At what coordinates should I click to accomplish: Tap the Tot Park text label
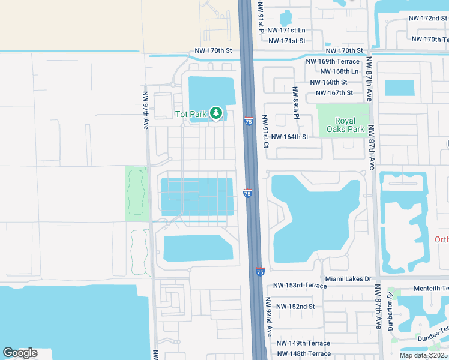(190, 114)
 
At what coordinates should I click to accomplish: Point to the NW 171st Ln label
(287, 30)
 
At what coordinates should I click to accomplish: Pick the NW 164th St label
(289, 137)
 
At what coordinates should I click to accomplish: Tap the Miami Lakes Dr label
(349, 279)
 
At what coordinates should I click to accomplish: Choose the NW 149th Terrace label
(303, 343)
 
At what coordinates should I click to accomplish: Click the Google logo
(20, 353)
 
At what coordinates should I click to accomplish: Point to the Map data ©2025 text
(423, 355)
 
